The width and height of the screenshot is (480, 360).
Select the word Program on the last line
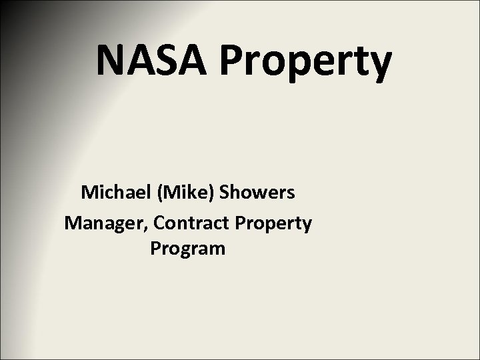pyautogui.click(x=188, y=251)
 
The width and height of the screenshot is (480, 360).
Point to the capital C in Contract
pyautogui.click(x=159, y=222)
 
